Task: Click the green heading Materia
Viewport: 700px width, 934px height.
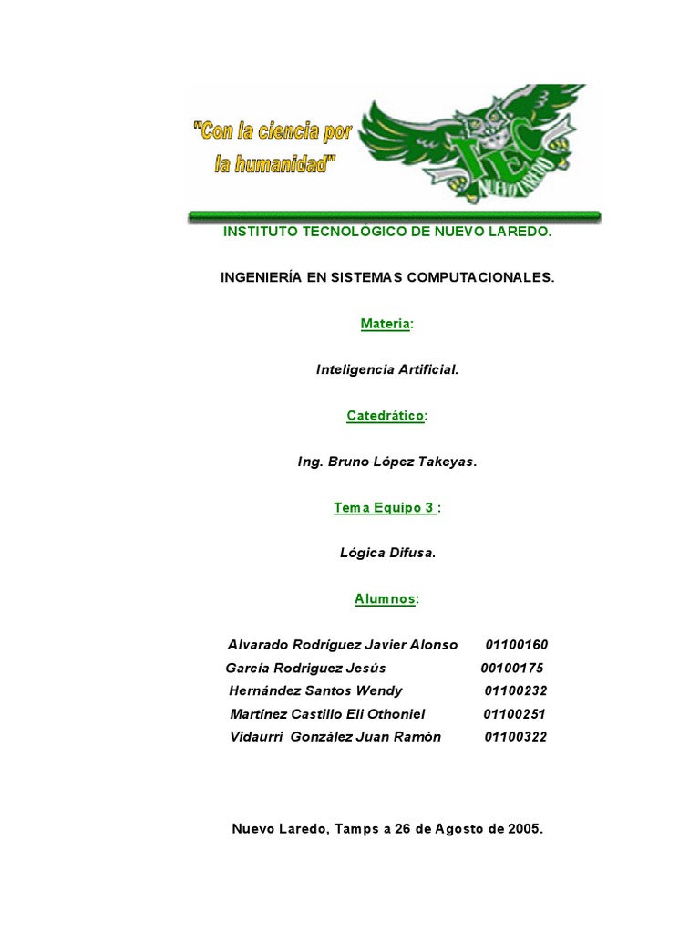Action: pos(386,324)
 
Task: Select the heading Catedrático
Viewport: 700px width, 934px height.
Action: pos(386,416)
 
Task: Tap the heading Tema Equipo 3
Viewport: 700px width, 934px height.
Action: pos(385,508)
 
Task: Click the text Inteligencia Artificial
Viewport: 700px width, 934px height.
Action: pos(387,369)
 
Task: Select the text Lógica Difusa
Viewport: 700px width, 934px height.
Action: pos(387,553)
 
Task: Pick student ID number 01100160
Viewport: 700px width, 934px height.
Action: pos(517,645)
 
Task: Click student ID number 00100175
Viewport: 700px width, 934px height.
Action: pos(512,668)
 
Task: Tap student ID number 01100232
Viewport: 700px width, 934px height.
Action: pos(515,690)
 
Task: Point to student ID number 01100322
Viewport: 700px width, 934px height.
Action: pos(516,737)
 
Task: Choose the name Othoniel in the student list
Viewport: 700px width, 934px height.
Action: pos(391,713)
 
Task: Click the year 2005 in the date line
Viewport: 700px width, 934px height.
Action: pos(524,829)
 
